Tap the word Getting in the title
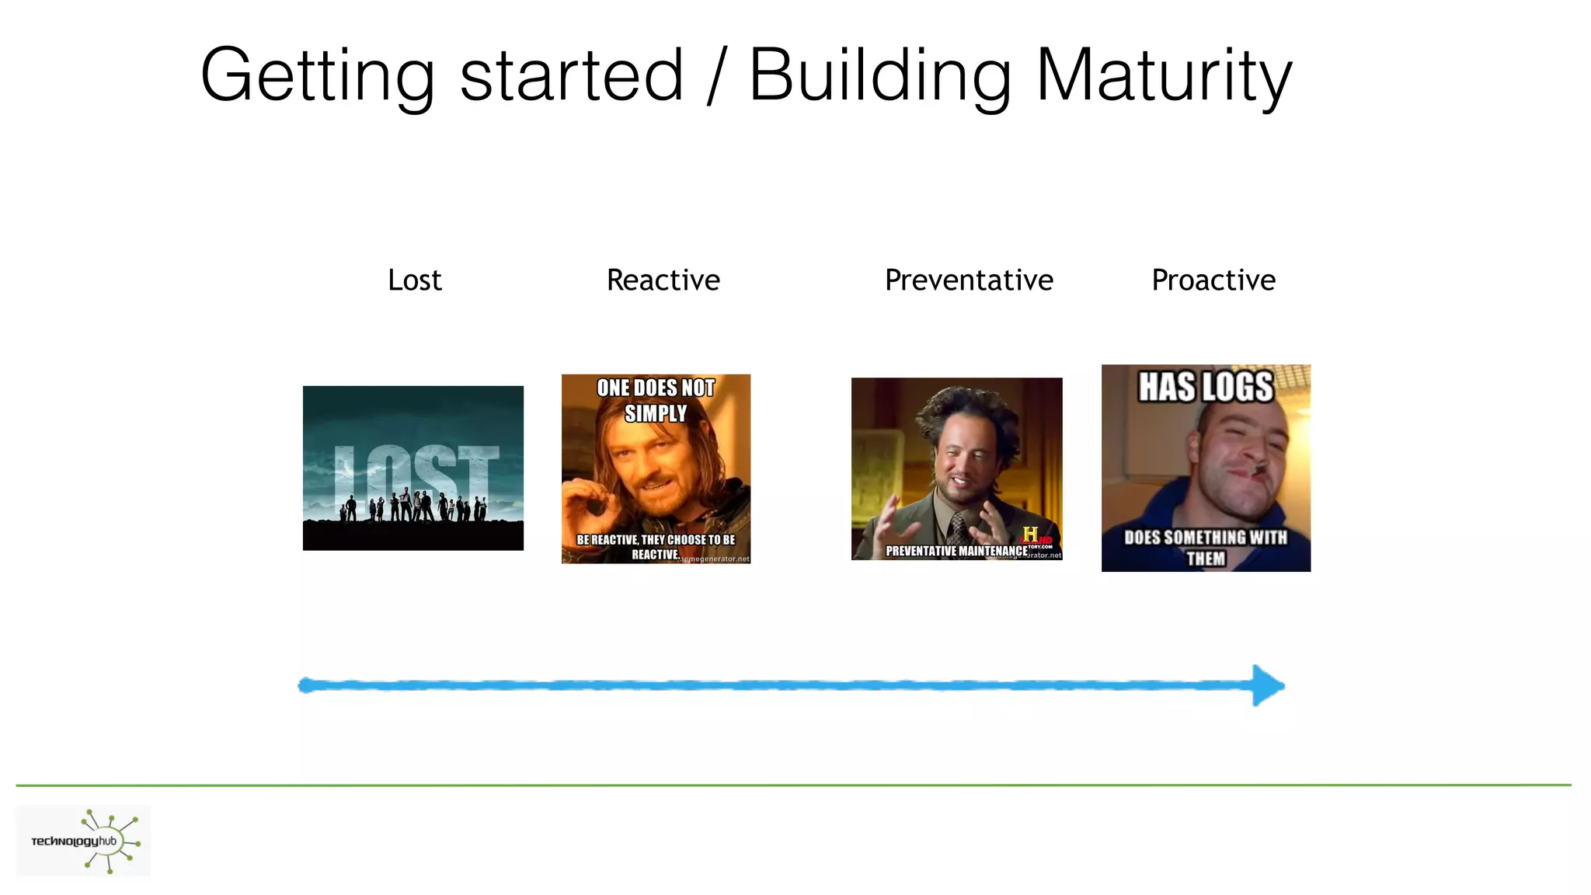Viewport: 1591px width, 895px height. tap(317, 75)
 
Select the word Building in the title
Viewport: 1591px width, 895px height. tap(879, 75)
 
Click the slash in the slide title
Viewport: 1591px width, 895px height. tap(715, 75)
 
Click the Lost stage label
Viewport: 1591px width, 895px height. tap(414, 280)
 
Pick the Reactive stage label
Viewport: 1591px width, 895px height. tap(663, 280)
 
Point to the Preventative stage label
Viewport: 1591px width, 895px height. tap(968, 280)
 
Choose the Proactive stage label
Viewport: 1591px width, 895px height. tap(1213, 280)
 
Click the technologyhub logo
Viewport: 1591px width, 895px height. tap(84, 841)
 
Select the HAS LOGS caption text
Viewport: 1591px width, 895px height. tap(1206, 387)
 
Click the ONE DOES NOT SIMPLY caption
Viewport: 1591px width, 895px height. tap(656, 400)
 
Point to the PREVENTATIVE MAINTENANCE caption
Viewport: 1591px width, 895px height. tap(956, 551)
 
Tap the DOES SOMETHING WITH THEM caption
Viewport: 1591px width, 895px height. tap(1206, 548)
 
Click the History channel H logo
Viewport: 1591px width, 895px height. tap(1030, 535)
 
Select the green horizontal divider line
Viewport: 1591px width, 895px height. tap(792, 785)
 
